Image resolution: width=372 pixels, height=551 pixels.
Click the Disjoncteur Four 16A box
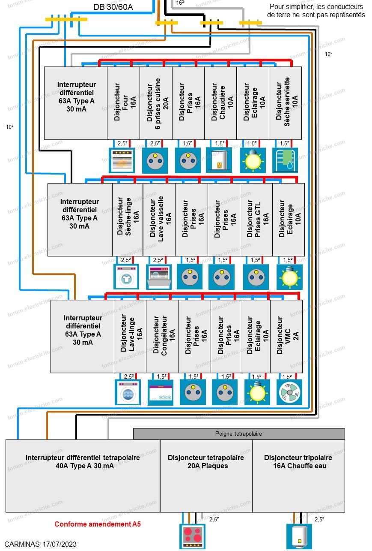click(123, 103)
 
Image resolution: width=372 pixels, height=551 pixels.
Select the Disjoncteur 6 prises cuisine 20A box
click(156, 103)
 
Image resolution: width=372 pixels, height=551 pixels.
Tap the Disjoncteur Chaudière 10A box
click(220, 103)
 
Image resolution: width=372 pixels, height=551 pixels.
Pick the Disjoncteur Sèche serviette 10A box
click(286, 103)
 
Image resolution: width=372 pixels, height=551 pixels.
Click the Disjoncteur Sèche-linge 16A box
click(128, 220)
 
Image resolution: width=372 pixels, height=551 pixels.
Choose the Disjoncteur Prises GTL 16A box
click(256, 220)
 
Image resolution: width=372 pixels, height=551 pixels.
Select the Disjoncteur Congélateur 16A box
click(162, 336)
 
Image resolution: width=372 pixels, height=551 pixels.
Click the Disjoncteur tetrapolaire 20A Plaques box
click(206, 476)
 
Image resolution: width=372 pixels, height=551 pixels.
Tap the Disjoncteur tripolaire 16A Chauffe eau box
click(298, 476)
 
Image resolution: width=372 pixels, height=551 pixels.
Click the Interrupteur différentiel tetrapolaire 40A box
click(83, 476)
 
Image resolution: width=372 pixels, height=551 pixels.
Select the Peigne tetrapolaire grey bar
click(239, 434)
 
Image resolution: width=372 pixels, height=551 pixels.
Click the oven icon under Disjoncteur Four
click(122, 160)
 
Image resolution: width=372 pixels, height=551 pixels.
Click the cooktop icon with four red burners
click(192, 536)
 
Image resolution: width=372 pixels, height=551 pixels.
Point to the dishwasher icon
click(159, 277)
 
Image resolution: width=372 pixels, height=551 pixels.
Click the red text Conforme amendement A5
click(98, 524)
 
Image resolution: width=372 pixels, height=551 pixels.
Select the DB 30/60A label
click(113, 7)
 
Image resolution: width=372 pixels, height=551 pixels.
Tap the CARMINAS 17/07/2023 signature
click(40, 544)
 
